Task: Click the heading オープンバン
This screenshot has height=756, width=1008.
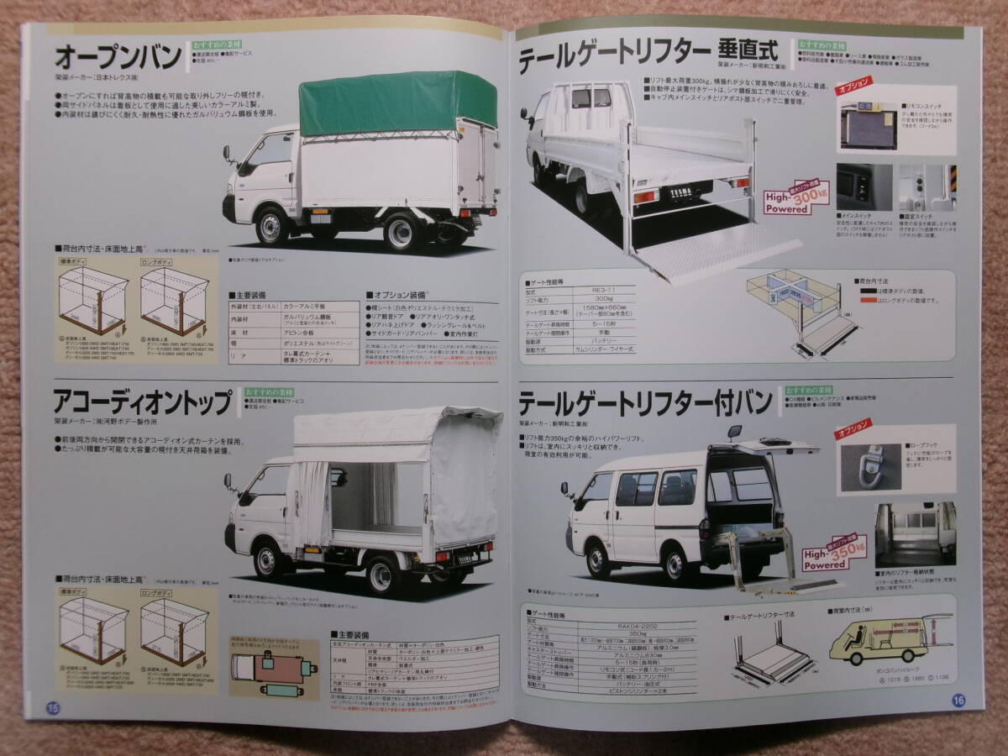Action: pyautogui.click(x=118, y=58)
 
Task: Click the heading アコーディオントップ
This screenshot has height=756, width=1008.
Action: pyautogui.click(x=142, y=403)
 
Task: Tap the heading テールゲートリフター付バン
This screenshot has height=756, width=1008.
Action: pyautogui.click(x=646, y=403)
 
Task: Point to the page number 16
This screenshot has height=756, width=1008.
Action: pyautogui.click(x=958, y=700)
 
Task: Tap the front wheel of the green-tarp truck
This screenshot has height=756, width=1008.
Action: pyautogui.click(x=272, y=225)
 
